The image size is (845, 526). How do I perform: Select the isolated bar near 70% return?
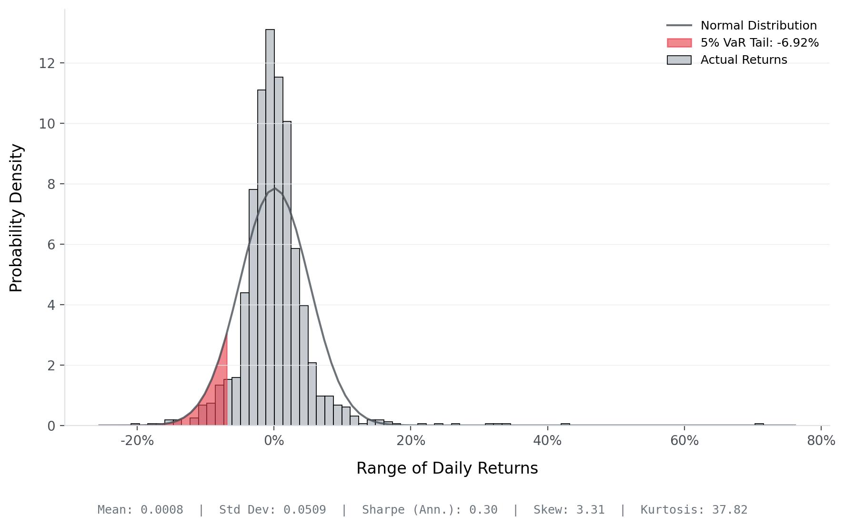click(759, 424)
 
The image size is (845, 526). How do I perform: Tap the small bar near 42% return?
click(565, 424)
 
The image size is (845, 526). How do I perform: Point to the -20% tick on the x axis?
click(137, 441)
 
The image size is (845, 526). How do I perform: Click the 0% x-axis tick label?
click(274, 441)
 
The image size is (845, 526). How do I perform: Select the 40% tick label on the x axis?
click(547, 441)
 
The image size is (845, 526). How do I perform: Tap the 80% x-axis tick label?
click(821, 441)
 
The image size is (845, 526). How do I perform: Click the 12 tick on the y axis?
click(47, 63)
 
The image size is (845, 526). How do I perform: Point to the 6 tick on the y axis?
click(51, 245)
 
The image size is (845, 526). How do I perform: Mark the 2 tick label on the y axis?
click(51, 366)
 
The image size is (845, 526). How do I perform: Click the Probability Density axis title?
click(16, 218)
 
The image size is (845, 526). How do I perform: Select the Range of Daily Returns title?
click(447, 468)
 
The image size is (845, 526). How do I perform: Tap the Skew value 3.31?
click(590, 510)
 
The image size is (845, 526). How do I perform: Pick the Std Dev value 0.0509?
click(304, 510)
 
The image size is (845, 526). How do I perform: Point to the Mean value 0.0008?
click(161, 510)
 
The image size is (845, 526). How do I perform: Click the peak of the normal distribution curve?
click(274, 188)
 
